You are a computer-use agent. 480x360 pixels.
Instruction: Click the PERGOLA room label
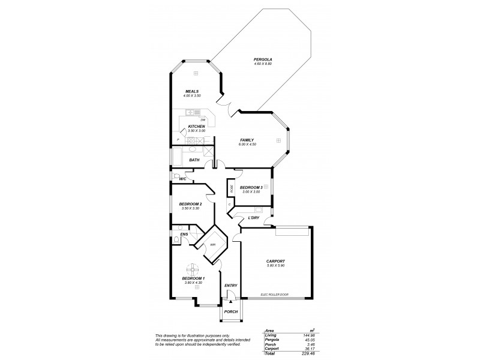point(263,59)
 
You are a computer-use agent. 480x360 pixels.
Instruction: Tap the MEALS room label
point(192,91)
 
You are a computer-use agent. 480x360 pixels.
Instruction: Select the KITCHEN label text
point(196,127)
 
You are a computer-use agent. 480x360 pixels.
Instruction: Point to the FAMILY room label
point(247,140)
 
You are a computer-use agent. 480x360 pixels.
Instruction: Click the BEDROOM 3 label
point(251,188)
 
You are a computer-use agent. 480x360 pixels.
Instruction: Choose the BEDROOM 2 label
point(190,204)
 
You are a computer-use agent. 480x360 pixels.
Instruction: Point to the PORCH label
point(230,312)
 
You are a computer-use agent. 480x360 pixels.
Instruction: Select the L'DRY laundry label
point(253,218)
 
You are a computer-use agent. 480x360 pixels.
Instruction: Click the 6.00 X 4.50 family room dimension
point(247,145)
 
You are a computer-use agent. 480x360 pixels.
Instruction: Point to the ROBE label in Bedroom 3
point(231,187)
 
